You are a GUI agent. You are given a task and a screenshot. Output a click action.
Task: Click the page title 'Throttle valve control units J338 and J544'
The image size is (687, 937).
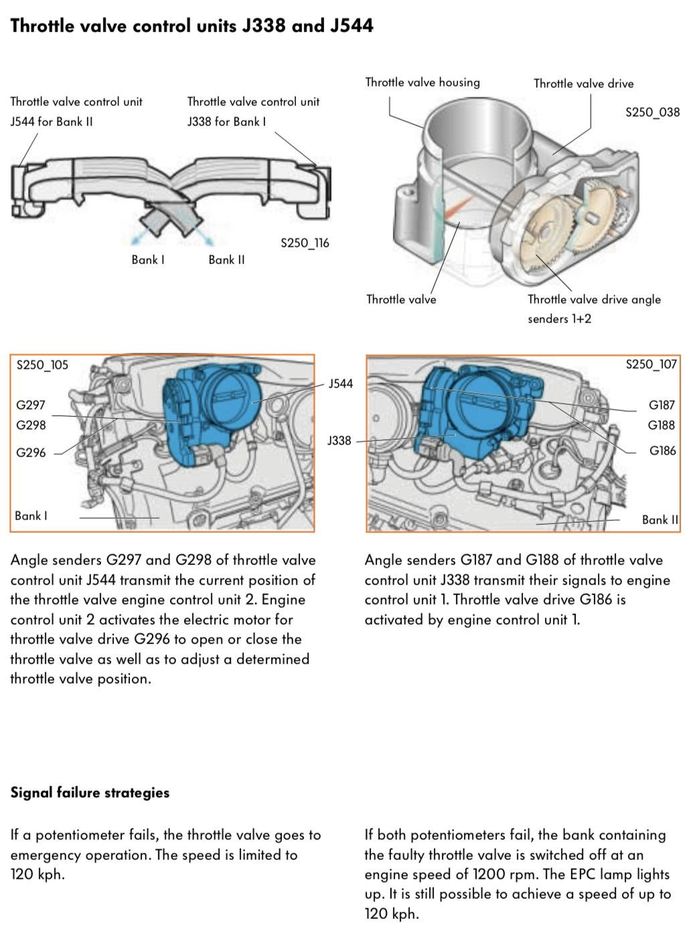192,25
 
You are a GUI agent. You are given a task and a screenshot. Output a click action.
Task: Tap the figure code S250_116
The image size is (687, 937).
305,243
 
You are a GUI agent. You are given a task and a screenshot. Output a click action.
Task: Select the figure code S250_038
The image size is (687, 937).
652,112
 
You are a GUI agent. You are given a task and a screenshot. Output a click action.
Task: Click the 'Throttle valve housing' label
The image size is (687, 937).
422,82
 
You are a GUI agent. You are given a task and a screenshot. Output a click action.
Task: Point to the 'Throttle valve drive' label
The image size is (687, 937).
583,84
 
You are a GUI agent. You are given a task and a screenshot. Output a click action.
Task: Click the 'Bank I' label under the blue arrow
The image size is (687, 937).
147,259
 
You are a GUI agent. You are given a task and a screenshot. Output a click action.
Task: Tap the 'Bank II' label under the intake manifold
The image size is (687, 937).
226,259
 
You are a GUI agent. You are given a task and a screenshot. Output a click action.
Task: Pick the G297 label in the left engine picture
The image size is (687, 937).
31,405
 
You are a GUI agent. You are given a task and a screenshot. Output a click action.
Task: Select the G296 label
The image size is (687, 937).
31,452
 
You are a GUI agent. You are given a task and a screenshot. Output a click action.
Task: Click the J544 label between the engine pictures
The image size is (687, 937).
340,384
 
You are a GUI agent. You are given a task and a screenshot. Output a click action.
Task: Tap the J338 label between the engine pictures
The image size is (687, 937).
339,440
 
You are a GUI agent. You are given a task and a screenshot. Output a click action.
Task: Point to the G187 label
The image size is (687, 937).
662,405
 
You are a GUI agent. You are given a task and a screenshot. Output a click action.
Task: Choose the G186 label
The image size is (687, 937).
662,450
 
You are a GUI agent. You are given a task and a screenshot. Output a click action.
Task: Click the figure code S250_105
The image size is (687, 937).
42,365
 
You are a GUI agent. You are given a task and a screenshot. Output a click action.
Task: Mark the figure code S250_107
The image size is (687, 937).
651,365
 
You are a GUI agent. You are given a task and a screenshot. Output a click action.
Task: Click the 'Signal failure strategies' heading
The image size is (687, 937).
90,792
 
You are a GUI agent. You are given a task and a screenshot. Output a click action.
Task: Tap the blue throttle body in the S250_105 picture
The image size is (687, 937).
214,409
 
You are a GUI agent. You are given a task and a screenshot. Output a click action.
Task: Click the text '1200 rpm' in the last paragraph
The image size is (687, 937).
502,874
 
